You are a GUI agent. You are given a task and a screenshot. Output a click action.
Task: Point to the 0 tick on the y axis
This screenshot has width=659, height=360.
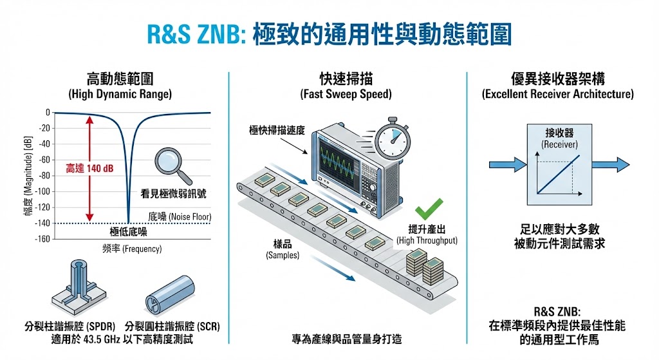coord(47,113)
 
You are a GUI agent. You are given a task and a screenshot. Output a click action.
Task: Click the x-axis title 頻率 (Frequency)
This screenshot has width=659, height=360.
coord(131,249)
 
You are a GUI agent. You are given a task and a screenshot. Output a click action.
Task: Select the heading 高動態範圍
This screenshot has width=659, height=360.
coord(120,80)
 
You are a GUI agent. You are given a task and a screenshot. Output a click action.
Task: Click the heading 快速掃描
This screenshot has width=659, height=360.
coord(346,80)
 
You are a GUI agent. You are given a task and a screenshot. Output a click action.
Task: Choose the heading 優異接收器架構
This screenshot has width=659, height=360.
coord(558,80)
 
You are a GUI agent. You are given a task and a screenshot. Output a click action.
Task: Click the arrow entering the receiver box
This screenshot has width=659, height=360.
coord(508,164)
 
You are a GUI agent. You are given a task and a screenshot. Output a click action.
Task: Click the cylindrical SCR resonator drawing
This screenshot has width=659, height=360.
coord(171,291)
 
